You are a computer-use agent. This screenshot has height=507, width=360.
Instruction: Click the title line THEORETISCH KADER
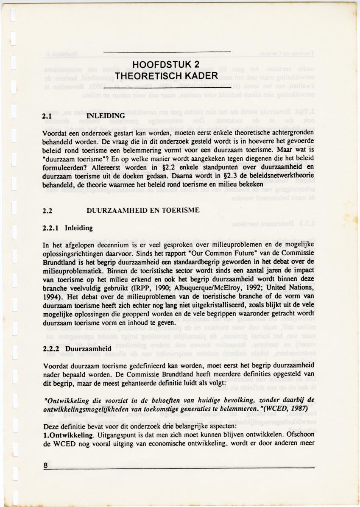click(x=166, y=75)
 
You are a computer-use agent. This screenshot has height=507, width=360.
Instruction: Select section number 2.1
click(x=47, y=116)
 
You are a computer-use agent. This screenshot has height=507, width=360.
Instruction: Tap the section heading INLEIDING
click(x=105, y=116)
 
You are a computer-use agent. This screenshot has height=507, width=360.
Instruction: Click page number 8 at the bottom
click(x=45, y=465)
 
